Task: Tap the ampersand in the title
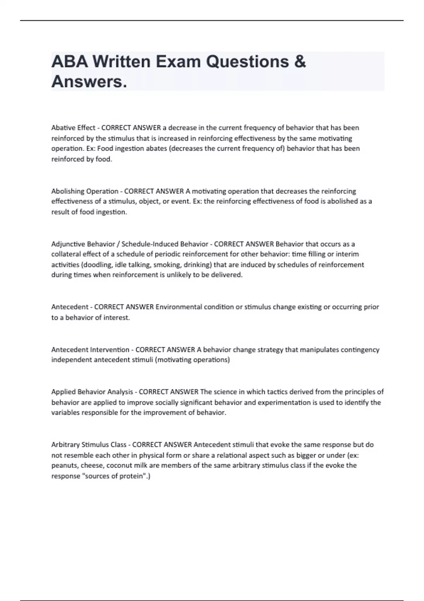pos(299,62)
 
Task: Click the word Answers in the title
pos(89,82)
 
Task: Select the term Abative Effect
pos(73,128)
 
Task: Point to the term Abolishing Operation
pos(85,191)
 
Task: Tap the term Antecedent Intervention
pos(90,350)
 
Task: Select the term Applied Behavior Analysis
pos(92,392)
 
